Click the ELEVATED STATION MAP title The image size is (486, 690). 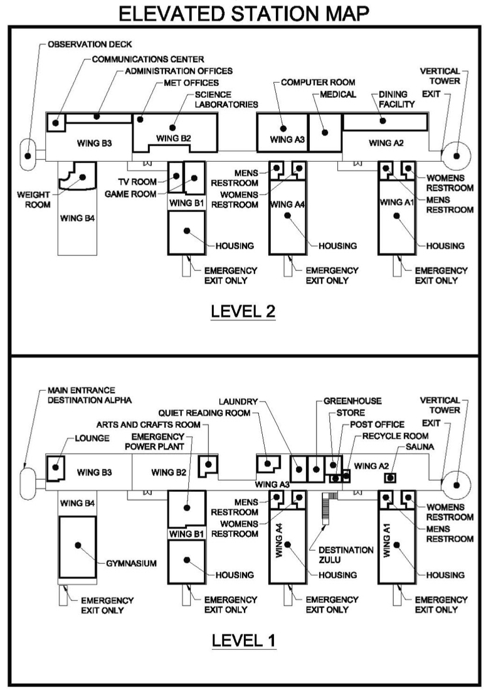(243, 14)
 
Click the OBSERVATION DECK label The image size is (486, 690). (86, 45)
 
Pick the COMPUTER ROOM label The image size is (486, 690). (318, 82)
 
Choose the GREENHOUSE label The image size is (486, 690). (353, 400)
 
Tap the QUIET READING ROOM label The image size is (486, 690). (204, 413)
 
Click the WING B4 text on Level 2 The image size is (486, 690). (77, 219)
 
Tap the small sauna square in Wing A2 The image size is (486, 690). (391, 478)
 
